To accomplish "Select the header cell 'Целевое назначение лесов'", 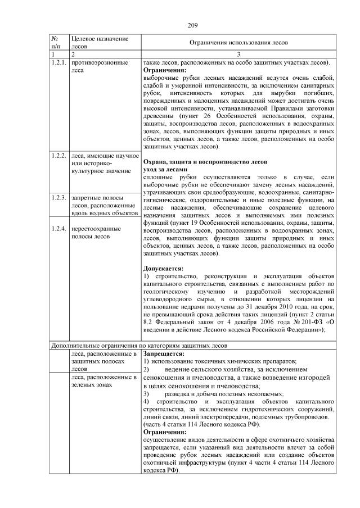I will click(96, 42).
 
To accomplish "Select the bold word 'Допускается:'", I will click(164, 268).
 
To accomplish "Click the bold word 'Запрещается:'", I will click(164, 355).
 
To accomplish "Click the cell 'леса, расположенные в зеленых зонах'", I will click(104, 381).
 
